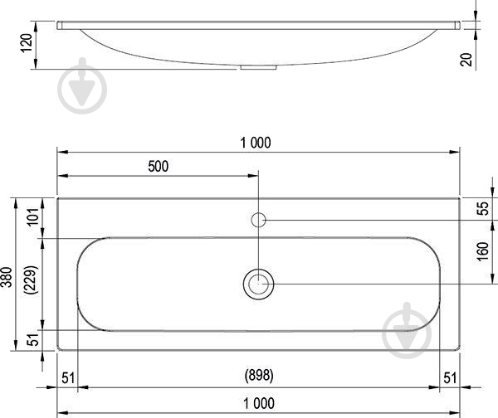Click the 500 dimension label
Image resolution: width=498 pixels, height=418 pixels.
(x=159, y=167)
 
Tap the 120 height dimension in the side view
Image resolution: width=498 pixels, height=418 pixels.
(x=27, y=43)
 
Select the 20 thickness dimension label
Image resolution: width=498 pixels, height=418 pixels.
(x=466, y=60)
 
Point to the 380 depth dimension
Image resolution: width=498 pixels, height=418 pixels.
(x=7, y=277)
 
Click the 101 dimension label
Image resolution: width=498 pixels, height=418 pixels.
(x=33, y=216)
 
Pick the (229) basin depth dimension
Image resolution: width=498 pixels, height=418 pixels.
(x=32, y=280)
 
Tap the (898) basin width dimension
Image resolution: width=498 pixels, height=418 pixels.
(x=259, y=375)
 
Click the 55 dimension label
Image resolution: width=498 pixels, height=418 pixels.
(x=483, y=208)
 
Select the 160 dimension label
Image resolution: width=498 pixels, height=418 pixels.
(x=483, y=251)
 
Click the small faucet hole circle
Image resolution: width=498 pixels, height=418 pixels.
(x=258, y=220)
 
